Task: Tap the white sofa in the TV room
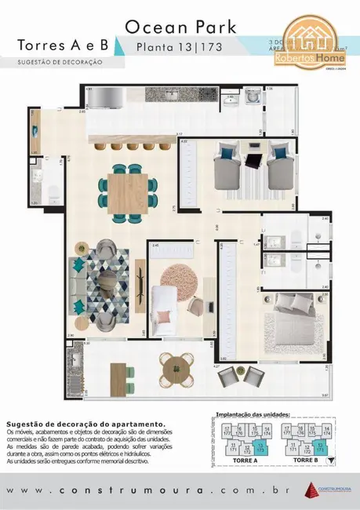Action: pyautogui.click(x=165, y=300)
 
